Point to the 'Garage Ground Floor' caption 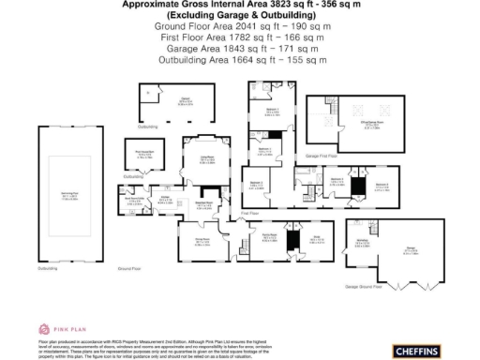[366, 284]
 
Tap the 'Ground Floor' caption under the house [129, 268]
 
